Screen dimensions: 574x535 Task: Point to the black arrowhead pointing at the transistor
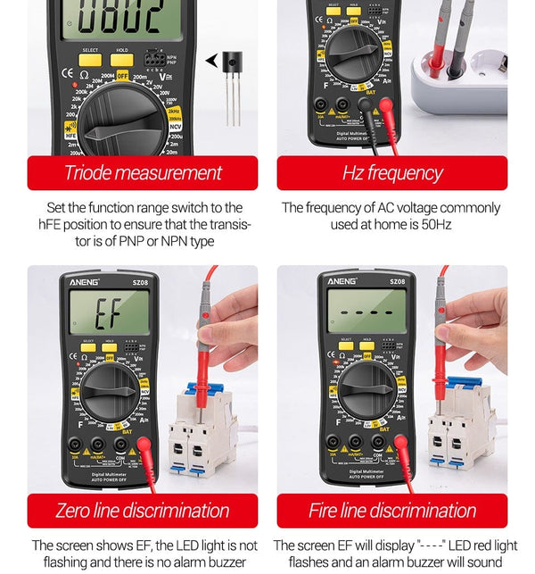pos(211,61)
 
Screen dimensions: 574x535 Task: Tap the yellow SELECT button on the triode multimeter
pos(90,59)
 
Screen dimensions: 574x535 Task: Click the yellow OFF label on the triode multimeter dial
pos(122,77)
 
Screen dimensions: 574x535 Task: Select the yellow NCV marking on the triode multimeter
pos(176,127)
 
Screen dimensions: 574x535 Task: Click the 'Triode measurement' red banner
pos(143,173)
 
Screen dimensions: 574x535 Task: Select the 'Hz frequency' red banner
pos(391,173)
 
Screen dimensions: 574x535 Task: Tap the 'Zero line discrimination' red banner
pos(143,511)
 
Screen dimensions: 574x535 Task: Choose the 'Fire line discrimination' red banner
pos(391,511)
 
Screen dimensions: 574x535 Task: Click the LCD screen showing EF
pos(109,312)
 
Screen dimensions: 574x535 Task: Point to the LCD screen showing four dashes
pos(366,312)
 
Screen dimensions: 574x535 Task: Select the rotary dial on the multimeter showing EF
pos(110,391)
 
